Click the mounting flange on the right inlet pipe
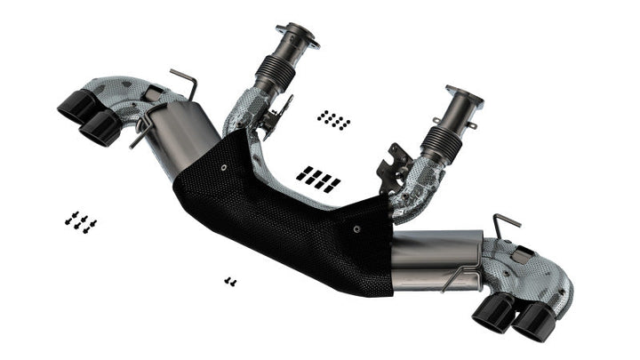tap(463, 97)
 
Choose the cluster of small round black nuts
tap(334, 119)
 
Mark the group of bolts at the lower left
tap(80, 221)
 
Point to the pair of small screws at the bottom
tap(230, 281)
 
